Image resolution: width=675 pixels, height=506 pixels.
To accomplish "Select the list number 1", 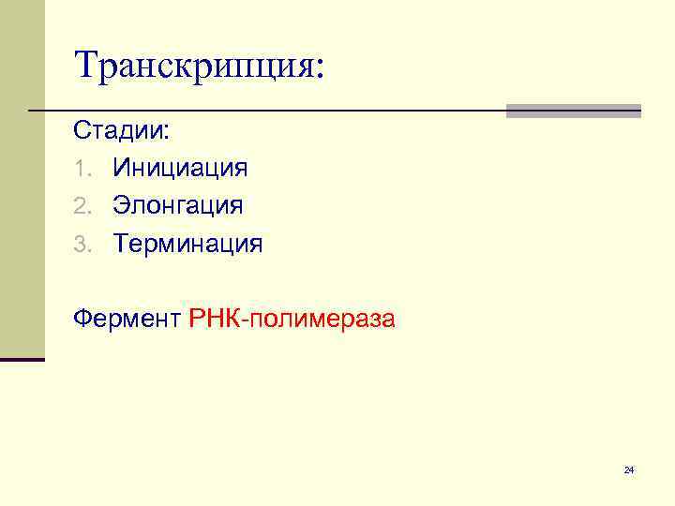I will pyautogui.click(x=82, y=170).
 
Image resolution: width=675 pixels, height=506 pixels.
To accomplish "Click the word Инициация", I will pyautogui.click(x=181, y=169).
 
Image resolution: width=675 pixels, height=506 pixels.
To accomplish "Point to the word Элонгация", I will pyautogui.click(x=178, y=206).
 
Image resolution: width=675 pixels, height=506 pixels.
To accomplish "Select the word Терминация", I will pyautogui.click(x=188, y=245).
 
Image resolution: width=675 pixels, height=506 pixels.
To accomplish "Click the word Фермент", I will pyautogui.click(x=127, y=320).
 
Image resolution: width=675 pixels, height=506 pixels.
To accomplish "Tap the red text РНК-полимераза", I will pyautogui.click(x=292, y=320).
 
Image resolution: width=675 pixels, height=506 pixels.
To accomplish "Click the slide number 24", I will pyautogui.click(x=629, y=469).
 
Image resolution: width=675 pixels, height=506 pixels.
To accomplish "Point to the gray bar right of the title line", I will pyautogui.click(x=573, y=111).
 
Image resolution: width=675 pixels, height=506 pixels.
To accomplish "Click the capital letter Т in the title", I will pyautogui.click(x=87, y=65).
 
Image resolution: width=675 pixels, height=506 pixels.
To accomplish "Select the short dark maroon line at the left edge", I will pyautogui.click(x=22, y=359).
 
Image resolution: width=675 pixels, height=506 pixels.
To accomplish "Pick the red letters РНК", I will pyautogui.click(x=215, y=320).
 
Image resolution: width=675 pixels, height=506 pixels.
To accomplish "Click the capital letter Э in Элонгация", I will pyautogui.click(x=122, y=206).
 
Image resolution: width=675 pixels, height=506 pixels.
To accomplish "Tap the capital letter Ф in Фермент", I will pyautogui.click(x=83, y=320).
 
